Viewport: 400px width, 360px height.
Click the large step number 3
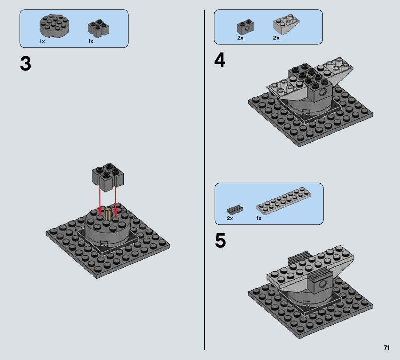click(x=25, y=64)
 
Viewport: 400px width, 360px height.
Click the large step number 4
click(x=220, y=60)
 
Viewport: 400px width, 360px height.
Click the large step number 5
click(x=220, y=241)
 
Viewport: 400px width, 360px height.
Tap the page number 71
click(x=386, y=348)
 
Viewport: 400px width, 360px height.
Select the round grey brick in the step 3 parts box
click(x=54, y=26)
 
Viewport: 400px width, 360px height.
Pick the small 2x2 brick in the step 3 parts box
click(x=98, y=28)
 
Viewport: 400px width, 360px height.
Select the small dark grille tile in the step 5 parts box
click(x=235, y=209)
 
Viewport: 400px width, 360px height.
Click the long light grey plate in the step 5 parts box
click(x=284, y=201)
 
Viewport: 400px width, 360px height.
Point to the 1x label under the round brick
click(x=42, y=41)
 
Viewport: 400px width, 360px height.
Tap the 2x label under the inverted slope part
click(x=276, y=38)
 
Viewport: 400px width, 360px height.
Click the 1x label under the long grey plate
click(x=259, y=218)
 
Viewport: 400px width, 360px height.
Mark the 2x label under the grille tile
click(x=230, y=218)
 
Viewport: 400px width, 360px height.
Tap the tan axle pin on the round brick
click(x=108, y=214)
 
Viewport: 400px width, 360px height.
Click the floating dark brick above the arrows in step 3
click(x=108, y=177)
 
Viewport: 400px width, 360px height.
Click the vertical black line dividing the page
click(x=204, y=180)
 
